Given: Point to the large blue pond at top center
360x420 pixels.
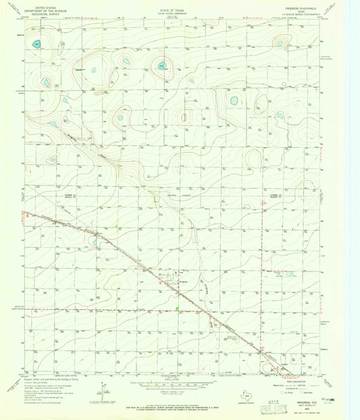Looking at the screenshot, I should point(162,65).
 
